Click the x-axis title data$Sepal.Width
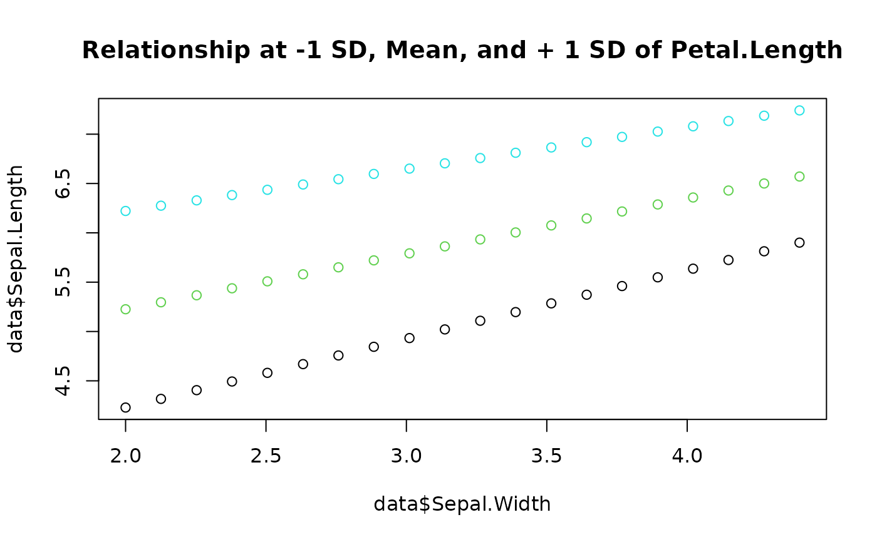coord(462,504)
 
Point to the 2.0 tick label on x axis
coord(125,455)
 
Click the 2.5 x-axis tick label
coord(266,455)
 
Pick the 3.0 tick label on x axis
coord(406,455)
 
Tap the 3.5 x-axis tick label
coord(546,455)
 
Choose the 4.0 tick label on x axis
coord(687,455)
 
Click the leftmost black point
coord(125,407)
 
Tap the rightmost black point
coord(799,242)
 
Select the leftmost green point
coord(125,309)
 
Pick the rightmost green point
coord(799,176)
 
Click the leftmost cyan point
coord(125,211)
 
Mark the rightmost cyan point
coord(799,110)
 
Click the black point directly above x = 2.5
coord(267,372)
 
